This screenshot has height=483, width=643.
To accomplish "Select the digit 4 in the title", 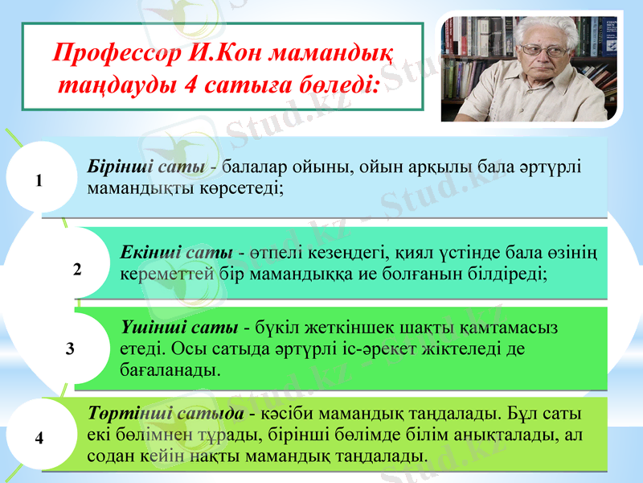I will (190, 85).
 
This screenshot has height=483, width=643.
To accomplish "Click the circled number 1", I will (39, 181).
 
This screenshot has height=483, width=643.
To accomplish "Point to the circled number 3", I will (71, 349).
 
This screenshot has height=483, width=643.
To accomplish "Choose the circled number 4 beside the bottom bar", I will (39, 438).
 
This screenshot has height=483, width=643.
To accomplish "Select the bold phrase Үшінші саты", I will (178, 328).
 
